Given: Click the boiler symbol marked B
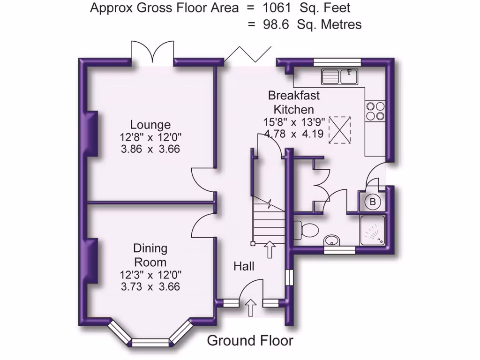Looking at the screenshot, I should click(x=373, y=202).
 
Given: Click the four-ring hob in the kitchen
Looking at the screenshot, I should click(x=375, y=111).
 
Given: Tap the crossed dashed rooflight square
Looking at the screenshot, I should click(x=339, y=128).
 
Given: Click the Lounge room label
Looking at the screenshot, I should click(x=150, y=125).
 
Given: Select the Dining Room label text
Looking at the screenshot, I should click(x=150, y=255).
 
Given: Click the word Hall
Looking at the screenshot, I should click(x=244, y=267).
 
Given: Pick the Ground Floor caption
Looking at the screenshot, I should click(x=250, y=341).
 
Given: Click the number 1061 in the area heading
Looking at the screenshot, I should click(x=279, y=8).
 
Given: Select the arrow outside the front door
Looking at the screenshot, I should click(x=251, y=308).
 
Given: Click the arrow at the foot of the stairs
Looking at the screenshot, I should click(x=270, y=250).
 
